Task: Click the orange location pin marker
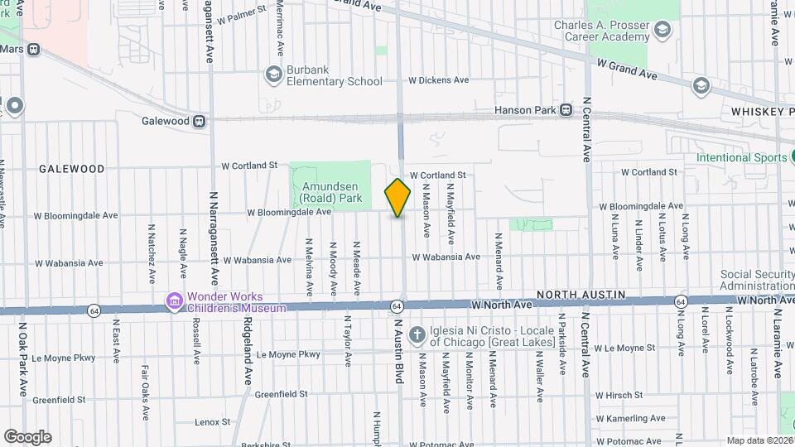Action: pos(397,198)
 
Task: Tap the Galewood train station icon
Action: pos(199,122)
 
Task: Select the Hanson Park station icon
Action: pos(566,109)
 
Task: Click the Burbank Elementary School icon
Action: pos(273,75)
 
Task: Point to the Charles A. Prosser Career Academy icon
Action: pos(662,31)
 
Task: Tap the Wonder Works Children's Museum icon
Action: pos(174,300)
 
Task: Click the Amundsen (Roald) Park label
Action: pos(330,193)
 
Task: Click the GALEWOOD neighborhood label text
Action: pos(72,169)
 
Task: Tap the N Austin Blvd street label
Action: pos(398,352)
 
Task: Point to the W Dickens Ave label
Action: pos(439,80)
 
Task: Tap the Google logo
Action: pos(27,436)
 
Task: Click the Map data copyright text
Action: pos(759,440)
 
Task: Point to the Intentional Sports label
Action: pos(740,157)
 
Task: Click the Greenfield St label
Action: pos(281,394)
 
